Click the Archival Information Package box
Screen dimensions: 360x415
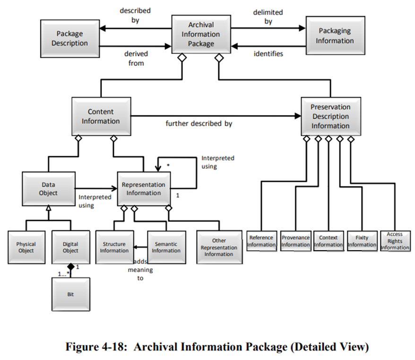(201, 34)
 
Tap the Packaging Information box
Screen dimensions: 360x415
(336, 36)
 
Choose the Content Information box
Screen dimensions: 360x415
(101, 116)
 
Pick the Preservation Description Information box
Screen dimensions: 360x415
(330, 116)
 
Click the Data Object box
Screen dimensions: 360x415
(48, 189)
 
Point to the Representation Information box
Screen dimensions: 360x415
(144, 189)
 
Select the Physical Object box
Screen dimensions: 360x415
(26, 247)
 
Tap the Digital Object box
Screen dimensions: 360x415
(70, 247)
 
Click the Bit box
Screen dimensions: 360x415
(70, 294)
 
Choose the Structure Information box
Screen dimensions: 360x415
(114, 247)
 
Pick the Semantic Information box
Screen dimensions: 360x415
(166, 247)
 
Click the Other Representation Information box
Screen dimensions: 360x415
(219, 247)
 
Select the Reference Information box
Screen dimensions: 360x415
(261, 241)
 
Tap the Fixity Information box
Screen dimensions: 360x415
(362, 241)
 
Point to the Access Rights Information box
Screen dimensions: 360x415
(395, 241)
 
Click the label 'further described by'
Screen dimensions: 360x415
(199, 124)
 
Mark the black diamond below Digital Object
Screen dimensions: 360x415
(71, 267)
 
